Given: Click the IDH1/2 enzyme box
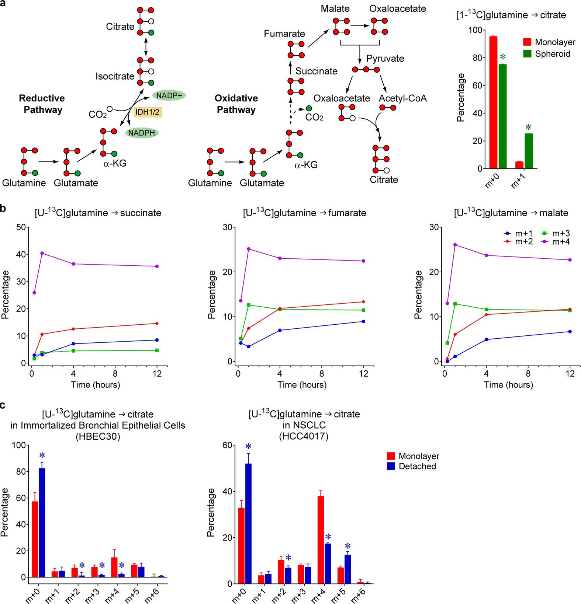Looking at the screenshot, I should (x=148, y=112).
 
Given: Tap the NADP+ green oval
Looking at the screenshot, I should (x=169, y=95).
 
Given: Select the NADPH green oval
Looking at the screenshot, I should (x=142, y=133).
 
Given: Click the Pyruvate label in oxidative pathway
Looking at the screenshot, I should (x=385, y=59).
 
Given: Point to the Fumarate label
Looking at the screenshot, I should (x=284, y=34).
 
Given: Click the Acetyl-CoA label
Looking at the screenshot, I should (x=402, y=98).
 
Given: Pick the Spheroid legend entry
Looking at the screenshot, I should (x=547, y=54).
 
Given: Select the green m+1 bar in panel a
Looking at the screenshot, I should (x=529, y=151).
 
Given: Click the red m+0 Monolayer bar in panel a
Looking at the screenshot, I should (x=493, y=102).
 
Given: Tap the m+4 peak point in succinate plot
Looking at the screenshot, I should (x=42, y=253).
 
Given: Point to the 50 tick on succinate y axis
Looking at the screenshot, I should (x=21, y=227).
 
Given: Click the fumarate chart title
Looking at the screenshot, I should (x=304, y=213).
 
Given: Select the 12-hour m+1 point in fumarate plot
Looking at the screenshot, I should (x=364, y=321).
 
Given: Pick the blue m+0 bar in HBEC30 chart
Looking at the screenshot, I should (x=42, y=523).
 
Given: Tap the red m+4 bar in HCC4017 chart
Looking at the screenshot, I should (x=321, y=540).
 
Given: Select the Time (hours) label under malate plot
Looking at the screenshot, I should (x=508, y=385).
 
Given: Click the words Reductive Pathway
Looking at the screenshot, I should (x=42, y=104).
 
